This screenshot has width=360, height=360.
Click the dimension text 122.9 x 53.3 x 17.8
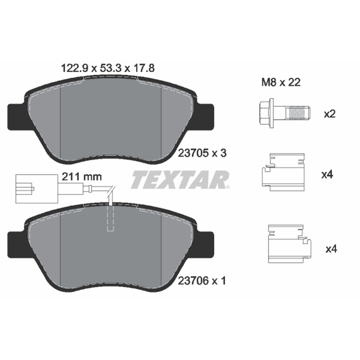coord(108,68)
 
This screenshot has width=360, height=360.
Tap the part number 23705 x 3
coord(202,153)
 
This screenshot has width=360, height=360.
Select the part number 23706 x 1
coord(202,280)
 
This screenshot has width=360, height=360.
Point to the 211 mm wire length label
coord(82,176)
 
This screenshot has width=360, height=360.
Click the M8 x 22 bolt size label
coord(281,82)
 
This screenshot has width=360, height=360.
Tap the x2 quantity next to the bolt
coord(330,114)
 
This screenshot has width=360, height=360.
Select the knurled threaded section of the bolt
coord(297,113)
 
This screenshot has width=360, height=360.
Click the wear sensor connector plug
coord(37,189)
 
